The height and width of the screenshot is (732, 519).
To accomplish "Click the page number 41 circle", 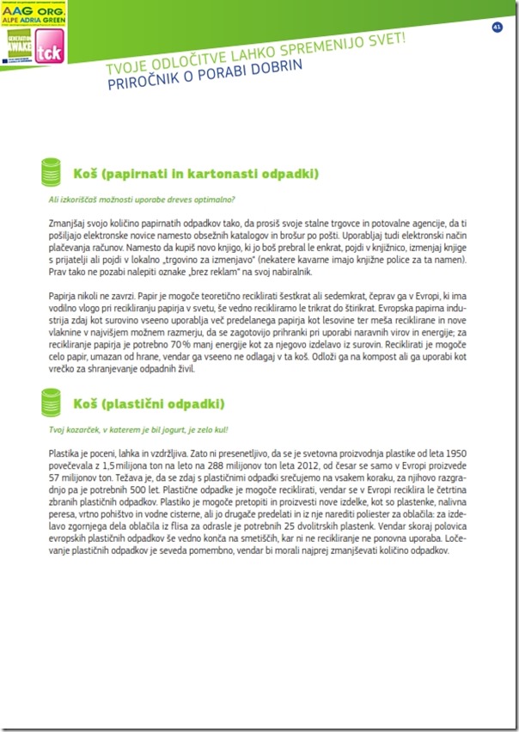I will coord(497,27).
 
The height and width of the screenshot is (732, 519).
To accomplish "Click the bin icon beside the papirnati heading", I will coord(53,172).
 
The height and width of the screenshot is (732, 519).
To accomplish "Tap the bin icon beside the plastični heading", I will coord(53,402).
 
